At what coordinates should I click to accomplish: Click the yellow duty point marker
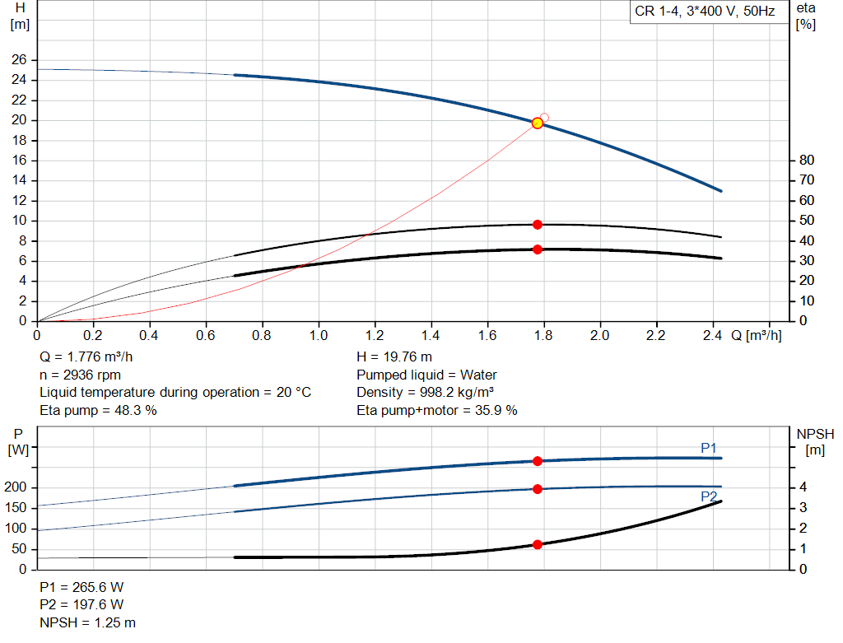point(538,123)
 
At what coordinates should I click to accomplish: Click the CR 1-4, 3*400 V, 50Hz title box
point(704,12)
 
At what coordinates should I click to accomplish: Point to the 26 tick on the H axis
point(18,60)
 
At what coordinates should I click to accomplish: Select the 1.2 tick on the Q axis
point(375,335)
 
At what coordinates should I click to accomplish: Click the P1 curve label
point(709,448)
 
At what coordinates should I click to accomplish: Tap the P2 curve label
point(709,496)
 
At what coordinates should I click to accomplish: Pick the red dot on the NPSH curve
point(538,544)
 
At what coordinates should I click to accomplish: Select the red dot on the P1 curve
point(538,461)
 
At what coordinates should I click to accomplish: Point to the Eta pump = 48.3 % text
point(98,409)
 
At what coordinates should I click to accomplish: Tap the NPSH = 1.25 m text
point(88,622)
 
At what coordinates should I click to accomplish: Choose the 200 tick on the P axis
point(18,487)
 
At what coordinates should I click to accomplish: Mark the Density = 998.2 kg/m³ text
point(425,392)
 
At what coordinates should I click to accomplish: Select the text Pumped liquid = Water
point(426,375)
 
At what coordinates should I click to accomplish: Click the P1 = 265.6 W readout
point(82,587)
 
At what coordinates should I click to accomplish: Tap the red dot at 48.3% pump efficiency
point(538,224)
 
